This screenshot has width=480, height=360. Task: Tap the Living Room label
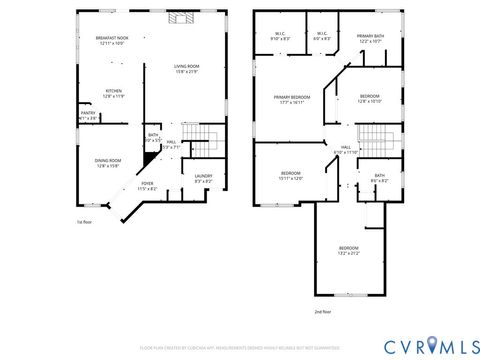coord(186,67)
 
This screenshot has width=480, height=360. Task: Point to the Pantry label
coord(88,116)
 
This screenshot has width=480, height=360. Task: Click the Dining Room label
coord(108,163)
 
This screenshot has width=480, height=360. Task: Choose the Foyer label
coord(147,186)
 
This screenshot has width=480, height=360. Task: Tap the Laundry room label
coord(203,179)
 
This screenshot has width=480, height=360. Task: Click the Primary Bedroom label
coord(293,99)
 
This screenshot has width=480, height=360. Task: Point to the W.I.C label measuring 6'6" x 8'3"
coord(322,37)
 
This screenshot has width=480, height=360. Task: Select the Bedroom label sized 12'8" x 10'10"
coord(370,98)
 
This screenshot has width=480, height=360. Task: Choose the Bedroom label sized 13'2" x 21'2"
coord(348,250)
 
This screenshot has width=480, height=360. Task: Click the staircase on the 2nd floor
coord(373,134)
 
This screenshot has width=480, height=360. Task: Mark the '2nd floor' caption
coord(323,312)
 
